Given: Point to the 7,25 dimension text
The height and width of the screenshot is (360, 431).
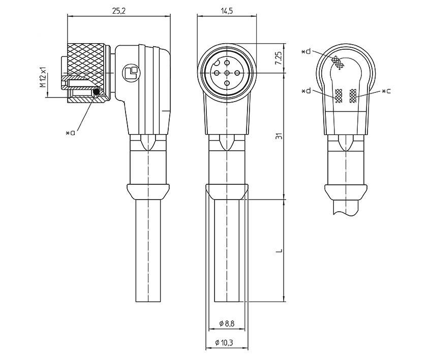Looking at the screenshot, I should click(x=278, y=58).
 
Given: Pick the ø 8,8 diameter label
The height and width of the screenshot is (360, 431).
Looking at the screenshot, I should click(x=227, y=324).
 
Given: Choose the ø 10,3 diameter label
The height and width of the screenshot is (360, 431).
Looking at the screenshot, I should click(x=227, y=343).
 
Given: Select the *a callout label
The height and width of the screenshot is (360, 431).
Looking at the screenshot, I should click(x=71, y=133).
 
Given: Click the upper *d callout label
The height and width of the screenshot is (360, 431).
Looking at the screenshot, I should click(x=306, y=52).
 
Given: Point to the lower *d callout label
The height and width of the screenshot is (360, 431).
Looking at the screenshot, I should click(x=306, y=91).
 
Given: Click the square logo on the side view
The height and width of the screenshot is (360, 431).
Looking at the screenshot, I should click(x=130, y=73).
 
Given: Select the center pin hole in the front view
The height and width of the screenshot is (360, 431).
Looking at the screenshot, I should click(x=227, y=73).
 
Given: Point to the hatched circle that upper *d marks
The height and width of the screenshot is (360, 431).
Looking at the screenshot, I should click(x=337, y=62).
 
